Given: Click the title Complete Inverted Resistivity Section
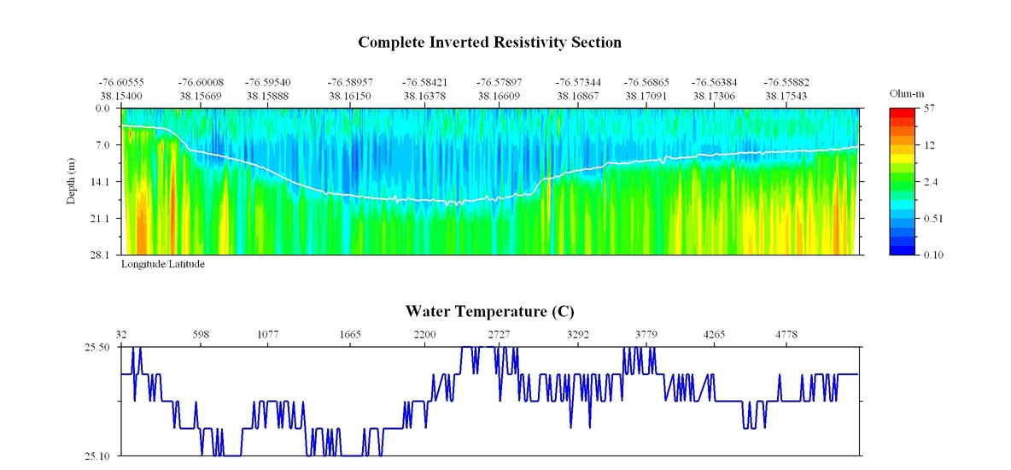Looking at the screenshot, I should coord(489,42).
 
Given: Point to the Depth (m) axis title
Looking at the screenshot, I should coord(72,181).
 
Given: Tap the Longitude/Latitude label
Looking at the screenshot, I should coord(162,264).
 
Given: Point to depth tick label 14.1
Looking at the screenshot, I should coord(102,182).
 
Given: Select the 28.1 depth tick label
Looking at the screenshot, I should coord(102,255).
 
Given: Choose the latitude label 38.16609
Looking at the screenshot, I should coord(500,97).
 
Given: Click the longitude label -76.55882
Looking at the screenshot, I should coord(786,83).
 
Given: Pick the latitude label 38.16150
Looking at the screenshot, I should coord(350,97).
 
